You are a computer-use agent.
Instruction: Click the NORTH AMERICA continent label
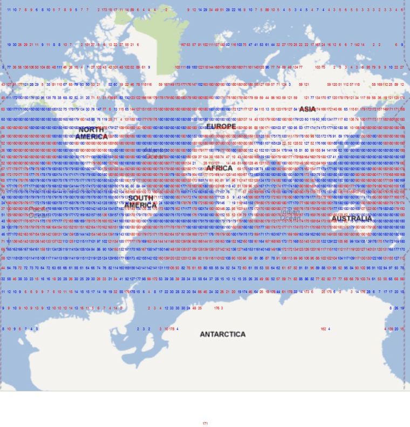coord(91,133)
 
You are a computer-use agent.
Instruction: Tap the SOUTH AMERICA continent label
coord(140,201)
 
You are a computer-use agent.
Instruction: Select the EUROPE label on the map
coord(221,126)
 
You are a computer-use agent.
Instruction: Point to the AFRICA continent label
coord(219,168)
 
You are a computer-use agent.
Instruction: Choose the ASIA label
coord(307,109)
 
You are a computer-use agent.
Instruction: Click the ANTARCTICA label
coord(223,334)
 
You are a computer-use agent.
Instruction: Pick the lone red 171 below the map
coord(205,424)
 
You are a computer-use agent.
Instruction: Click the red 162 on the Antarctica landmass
coord(323,329)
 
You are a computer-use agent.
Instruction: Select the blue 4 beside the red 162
coord(329,329)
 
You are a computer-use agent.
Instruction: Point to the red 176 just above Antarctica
coord(217,308)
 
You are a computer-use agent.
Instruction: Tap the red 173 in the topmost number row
coord(104,10)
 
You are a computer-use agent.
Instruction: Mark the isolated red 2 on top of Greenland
coord(166,10)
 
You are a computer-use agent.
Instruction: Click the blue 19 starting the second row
coord(9,45)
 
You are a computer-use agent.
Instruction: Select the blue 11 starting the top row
coord(9,10)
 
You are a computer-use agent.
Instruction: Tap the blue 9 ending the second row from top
coord(402,45)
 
